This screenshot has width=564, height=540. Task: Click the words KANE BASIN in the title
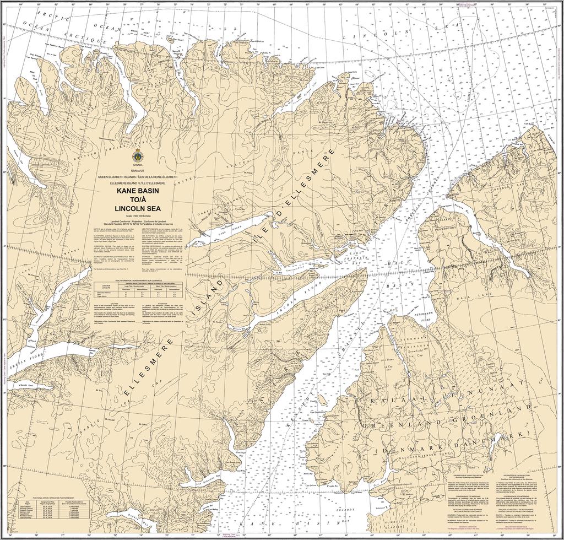pyautogui.click(x=138, y=191)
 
